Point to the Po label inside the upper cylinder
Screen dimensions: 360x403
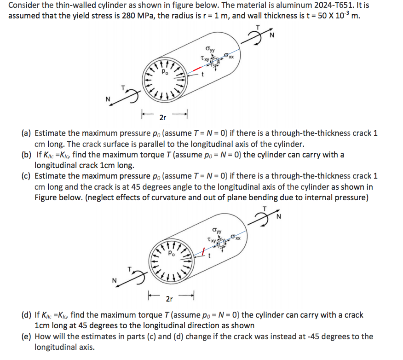[165, 72]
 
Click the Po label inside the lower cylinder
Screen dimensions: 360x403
[172, 253]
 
